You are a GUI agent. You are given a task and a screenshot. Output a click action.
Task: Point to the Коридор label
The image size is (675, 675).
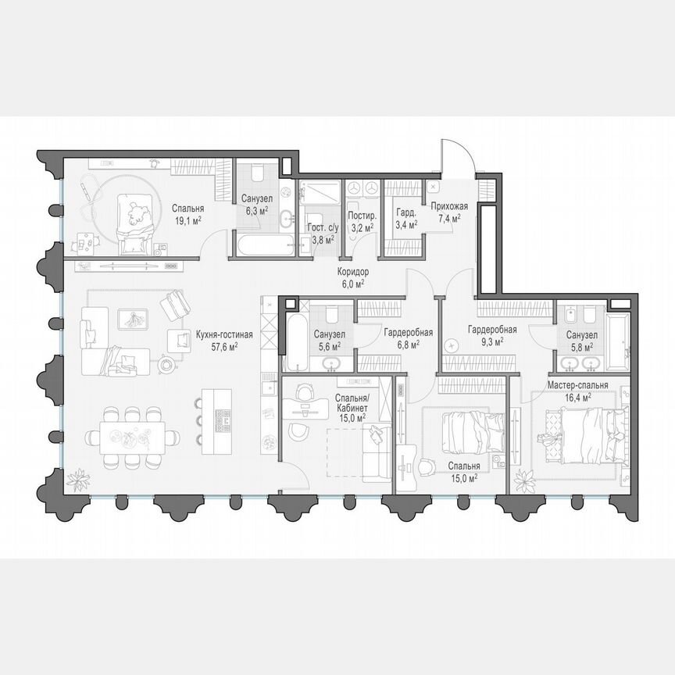tap(353, 273)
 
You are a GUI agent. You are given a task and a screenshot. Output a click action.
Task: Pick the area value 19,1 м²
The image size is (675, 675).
tap(187, 220)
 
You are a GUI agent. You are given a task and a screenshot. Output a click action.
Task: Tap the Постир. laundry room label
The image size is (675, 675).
tap(361, 215)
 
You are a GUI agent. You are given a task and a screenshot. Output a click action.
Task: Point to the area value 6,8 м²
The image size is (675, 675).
tap(402, 342)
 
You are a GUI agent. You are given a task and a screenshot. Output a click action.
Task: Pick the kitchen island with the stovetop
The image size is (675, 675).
tap(217, 421)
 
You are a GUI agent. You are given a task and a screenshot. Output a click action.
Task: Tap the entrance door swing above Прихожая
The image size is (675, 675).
tap(455, 156)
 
